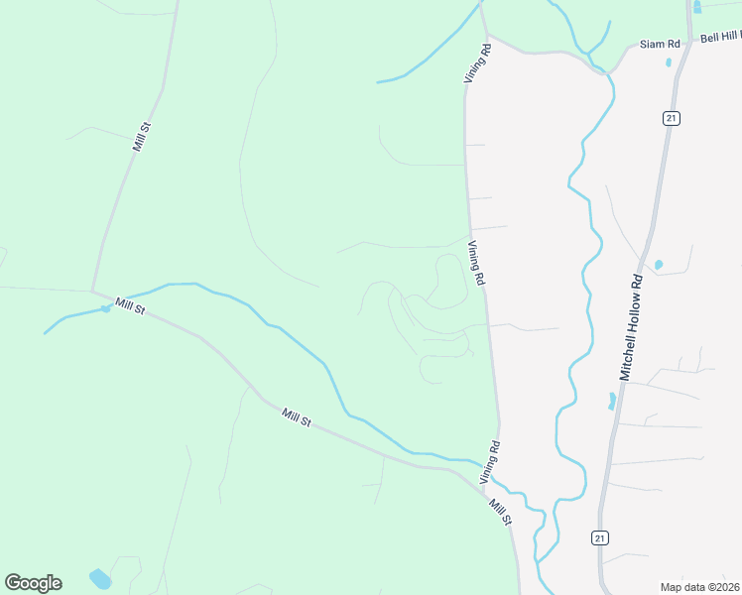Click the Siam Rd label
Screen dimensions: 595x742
[660, 45]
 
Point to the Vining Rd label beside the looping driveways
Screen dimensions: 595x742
[476, 264]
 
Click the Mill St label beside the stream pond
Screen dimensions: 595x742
[129, 307]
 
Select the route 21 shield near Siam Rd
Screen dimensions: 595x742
[672, 118]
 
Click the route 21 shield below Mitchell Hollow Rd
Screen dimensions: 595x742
[599, 537]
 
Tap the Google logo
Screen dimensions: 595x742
[33, 583]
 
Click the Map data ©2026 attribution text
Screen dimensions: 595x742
[699, 587]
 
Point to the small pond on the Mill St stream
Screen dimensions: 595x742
[105, 309]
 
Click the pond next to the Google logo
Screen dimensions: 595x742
[100, 577]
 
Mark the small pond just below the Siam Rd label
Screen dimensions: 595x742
[669, 62]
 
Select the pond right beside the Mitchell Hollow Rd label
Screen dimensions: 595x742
[658, 265]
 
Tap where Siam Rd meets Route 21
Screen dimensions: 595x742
[688, 45]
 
